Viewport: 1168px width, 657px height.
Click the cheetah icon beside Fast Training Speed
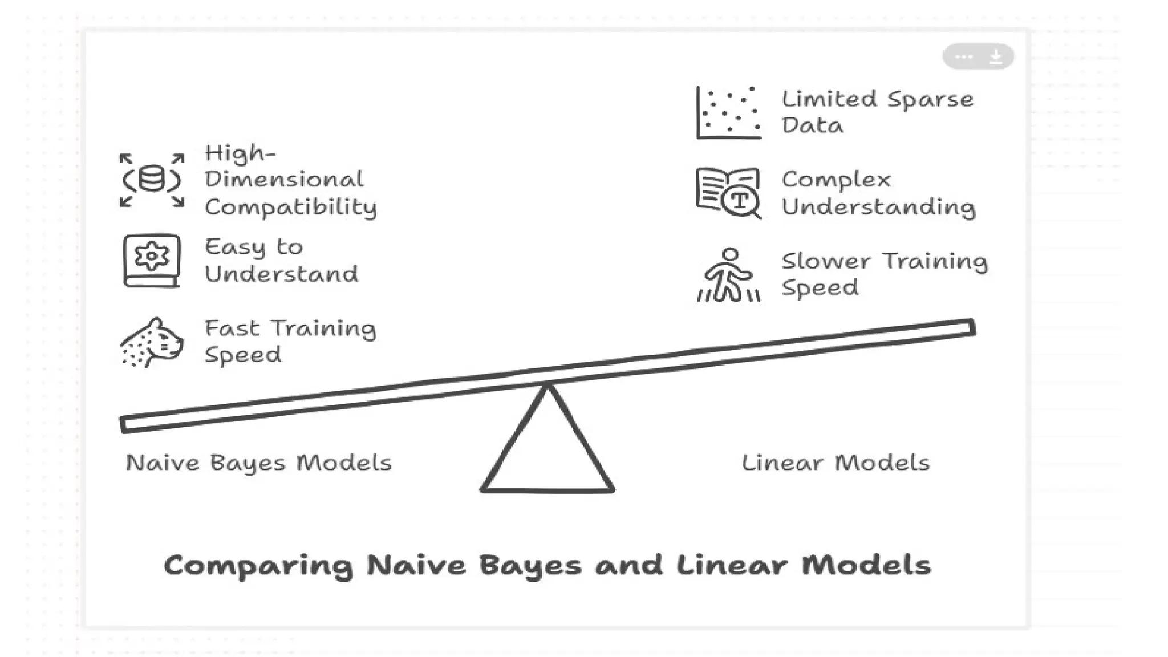point(152,342)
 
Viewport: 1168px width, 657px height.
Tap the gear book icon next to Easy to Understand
point(152,261)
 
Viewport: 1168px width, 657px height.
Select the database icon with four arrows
point(152,180)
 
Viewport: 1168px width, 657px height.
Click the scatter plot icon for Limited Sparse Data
point(729,113)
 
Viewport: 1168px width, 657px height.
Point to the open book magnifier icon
point(729,193)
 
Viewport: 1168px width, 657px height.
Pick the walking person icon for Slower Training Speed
point(729,275)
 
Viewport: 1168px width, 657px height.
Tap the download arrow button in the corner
point(996,56)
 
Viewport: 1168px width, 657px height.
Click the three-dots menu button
point(964,56)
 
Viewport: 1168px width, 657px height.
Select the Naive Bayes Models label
point(259,463)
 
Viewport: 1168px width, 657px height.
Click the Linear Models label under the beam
point(836,463)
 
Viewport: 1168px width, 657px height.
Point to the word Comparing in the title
point(258,566)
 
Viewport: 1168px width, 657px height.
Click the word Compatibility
point(291,208)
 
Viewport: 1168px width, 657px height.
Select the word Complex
point(836,180)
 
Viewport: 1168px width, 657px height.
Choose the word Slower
point(826,261)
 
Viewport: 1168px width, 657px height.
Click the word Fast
point(232,328)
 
